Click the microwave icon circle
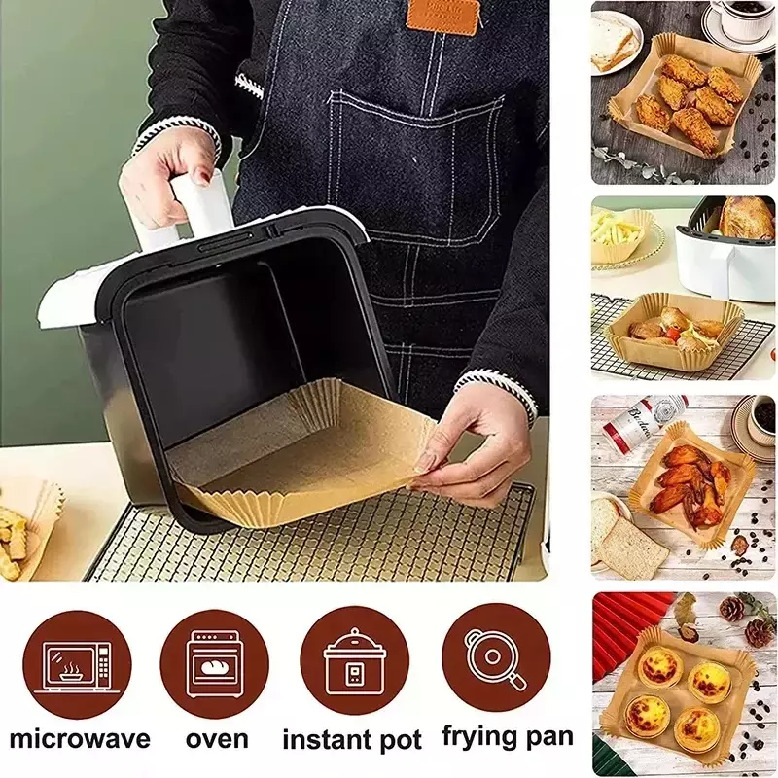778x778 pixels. pos(77,664)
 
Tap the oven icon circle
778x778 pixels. pos(214,664)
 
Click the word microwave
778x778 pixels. pos(80,739)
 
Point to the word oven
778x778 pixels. pos(217,740)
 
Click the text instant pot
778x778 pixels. pos(352,741)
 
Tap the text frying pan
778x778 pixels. pos(508,738)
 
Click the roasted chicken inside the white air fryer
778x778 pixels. pos(744,218)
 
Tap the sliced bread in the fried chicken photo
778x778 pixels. pos(613,45)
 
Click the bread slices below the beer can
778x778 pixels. pos(626,539)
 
